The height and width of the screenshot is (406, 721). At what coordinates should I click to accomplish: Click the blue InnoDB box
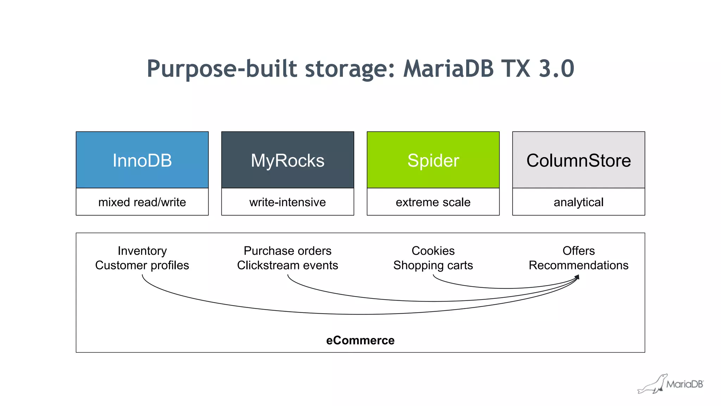tap(142, 160)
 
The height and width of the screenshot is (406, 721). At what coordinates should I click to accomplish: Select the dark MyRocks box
tap(287, 160)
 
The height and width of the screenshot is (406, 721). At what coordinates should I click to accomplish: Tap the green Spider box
tap(433, 160)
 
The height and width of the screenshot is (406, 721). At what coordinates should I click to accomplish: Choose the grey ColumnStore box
tap(578, 160)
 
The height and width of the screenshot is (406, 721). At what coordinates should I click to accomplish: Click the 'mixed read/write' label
tap(142, 202)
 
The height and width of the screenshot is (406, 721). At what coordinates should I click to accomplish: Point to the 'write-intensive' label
tap(287, 202)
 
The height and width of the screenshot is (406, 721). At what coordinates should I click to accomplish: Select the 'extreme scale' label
tap(433, 202)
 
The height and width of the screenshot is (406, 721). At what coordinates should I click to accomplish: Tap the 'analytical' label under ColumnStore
tap(578, 202)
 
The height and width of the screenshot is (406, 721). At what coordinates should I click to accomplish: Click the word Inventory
tap(142, 251)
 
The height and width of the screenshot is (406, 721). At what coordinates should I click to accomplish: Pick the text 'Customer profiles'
tap(142, 265)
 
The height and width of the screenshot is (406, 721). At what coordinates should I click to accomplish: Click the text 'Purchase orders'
tap(287, 251)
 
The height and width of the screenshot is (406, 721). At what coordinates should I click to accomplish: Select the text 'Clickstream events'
tap(287, 265)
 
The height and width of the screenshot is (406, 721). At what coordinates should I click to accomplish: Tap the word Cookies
tap(433, 251)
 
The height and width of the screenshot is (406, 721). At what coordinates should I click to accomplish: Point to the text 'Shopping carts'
tap(433, 265)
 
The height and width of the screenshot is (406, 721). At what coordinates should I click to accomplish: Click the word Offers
tap(578, 251)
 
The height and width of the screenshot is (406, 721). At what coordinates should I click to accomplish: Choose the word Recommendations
tap(578, 265)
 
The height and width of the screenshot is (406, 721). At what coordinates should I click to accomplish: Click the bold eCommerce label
tap(360, 340)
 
